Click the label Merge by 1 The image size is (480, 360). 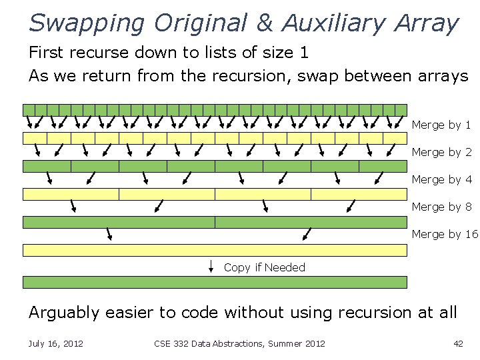tap(441, 125)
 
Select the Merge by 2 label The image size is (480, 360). tap(441, 153)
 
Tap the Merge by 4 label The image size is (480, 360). tap(441, 180)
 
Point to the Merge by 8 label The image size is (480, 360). tap(441, 207)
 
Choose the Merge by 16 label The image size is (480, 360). tap(445, 235)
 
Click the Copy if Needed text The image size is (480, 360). tap(264, 268)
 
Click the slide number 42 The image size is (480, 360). tap(457, 343)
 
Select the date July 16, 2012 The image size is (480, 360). tap(55, 343)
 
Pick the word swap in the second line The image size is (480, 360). tap(318, 76)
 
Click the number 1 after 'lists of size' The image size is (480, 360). tap(304, 52)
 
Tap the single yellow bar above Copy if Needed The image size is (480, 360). tap(215, 250)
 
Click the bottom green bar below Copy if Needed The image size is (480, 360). tap(215, 282)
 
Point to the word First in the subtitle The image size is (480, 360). tap(48, 52)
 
